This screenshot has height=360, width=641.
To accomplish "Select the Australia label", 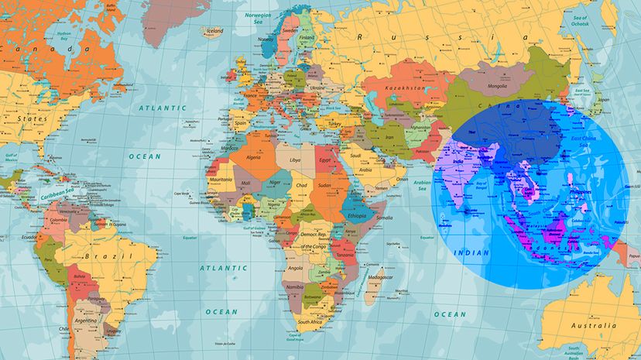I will coord(594,325).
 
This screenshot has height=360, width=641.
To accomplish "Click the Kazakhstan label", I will coord(404,89).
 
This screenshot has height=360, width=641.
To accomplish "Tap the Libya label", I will coord(294,159).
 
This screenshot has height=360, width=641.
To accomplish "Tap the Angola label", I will coord(295,268).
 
